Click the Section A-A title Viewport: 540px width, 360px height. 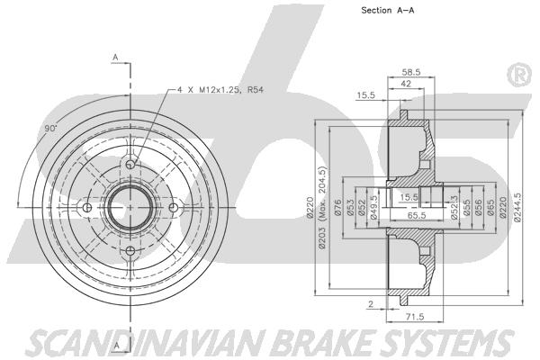(x=387, y=10)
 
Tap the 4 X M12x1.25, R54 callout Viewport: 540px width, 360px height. (x=220, y=90)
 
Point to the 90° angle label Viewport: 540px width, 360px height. (x=50, y=129)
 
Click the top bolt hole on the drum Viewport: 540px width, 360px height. (x=130, y=165)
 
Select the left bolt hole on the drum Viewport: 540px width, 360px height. (x=87, y=208)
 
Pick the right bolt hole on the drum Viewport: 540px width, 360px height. (x=174, y=208)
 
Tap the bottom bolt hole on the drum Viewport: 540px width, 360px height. (x=130, y=251)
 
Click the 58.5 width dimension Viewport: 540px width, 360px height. (x=411, y=72)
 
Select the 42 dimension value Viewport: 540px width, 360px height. (x=406, y=84)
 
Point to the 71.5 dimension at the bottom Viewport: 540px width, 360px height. (x=415, y=316)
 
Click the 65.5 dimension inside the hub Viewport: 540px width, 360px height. (x=417, y=215)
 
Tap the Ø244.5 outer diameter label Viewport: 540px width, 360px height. (x=517, y=207)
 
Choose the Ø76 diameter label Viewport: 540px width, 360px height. (x=337, y=208)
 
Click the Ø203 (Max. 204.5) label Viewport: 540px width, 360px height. (x=322, y=207)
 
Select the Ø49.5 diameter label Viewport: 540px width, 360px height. (x=374, y=208)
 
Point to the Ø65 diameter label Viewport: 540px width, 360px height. (x=491, y=208)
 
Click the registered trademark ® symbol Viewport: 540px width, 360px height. (x=520, y=75)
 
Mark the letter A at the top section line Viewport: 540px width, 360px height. (x=116, y=58)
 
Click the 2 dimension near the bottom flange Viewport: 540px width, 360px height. (x=371, y=304)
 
